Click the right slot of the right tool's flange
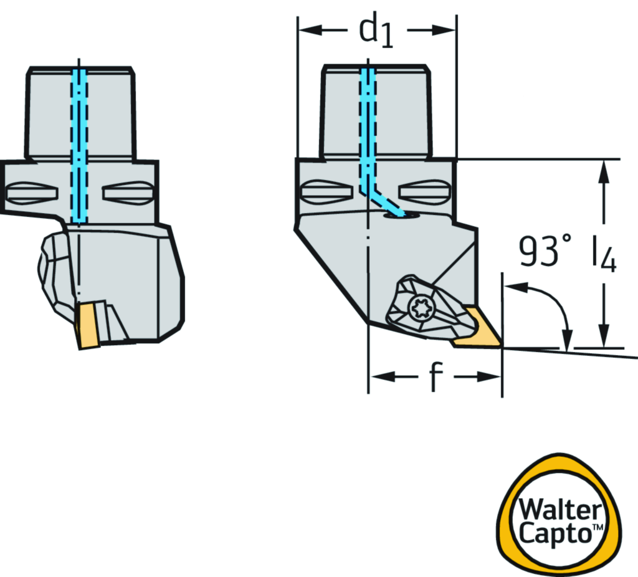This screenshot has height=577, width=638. click(424, 191)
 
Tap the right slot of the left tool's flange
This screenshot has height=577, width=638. click(127, 191)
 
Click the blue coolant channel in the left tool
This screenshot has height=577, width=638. click(80, 143)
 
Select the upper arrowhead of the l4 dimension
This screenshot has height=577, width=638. click(602, 171)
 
